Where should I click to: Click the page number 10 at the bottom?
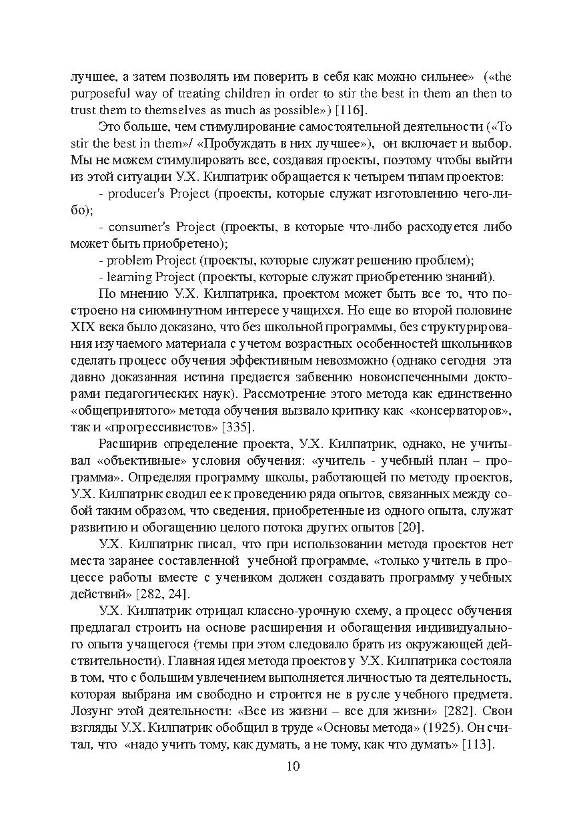[292, 766]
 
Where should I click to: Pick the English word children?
[254, 93]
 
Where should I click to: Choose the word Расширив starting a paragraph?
[125, 443]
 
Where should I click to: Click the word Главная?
[197, 661]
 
